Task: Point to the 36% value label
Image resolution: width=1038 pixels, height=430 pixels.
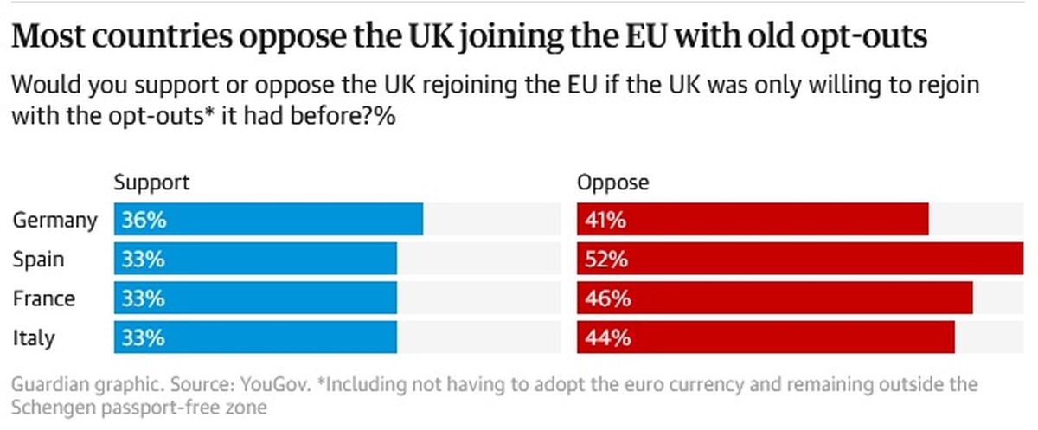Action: [x=144, y=220]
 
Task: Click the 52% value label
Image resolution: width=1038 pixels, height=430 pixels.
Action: [x=606, y=259]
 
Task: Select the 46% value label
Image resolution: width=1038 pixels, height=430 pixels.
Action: [x=606, y=298]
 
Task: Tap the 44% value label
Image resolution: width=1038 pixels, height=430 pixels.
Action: [x=606, y=337]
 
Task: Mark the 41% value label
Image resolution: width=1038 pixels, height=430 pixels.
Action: [x=605, y=220]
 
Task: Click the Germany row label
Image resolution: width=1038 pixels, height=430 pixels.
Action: [x=54, y=221]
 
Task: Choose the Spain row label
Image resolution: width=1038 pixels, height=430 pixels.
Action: [x=38, y=260]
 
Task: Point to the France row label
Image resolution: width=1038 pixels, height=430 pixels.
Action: [x=43, y=298]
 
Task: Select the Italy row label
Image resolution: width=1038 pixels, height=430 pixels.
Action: [x=32, y=337]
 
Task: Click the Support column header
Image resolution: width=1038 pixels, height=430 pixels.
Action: [x=151, y=183]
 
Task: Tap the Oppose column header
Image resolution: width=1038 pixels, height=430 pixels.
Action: [x=612, y=183]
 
